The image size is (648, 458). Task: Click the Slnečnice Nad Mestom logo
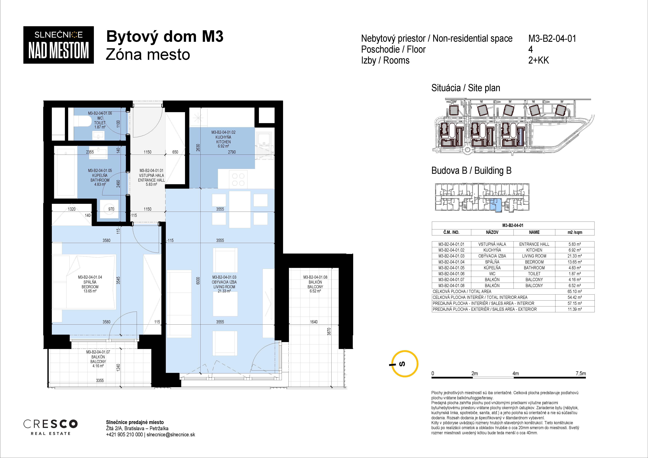click(x=58, y=45)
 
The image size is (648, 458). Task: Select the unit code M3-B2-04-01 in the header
click(x=552, y=38)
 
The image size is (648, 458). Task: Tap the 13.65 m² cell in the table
click(x=575, y=262)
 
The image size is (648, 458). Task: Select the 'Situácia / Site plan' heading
click(x=466, y=88)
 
